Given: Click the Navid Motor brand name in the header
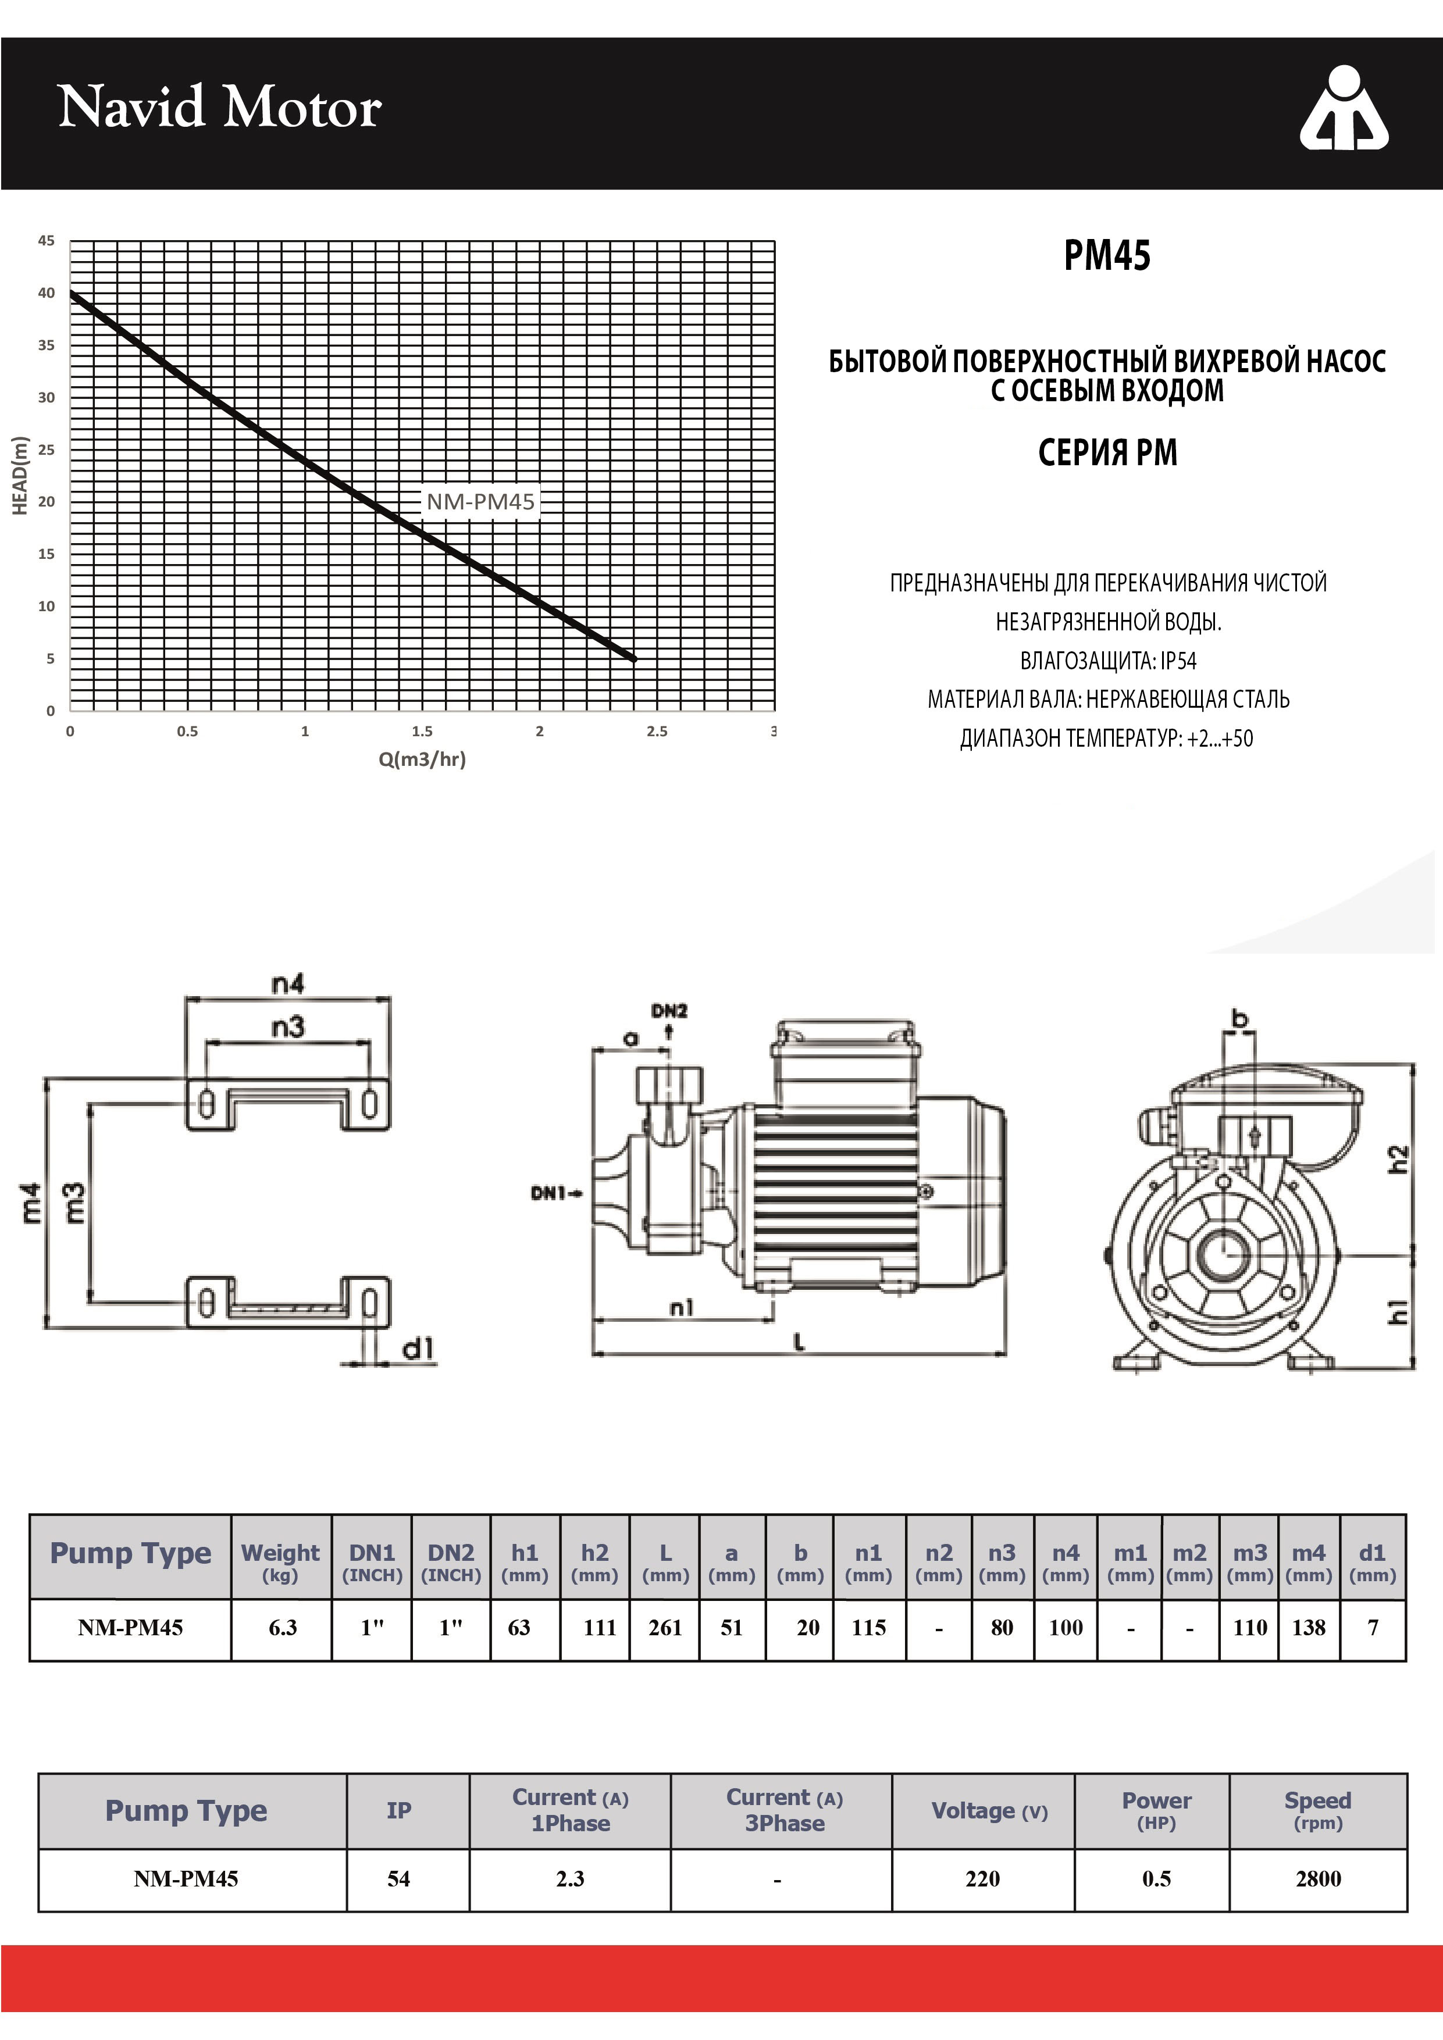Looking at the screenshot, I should [x=219, y=108].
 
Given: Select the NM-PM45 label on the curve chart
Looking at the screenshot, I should [x=480, y=502].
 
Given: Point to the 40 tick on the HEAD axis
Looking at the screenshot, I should [x=46, y=293].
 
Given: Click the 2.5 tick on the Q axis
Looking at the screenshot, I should [x=657, y=731].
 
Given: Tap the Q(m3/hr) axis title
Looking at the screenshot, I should [x=422, y=759].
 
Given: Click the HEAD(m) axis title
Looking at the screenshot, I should [x=20, y=475].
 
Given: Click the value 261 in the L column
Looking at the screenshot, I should [x=665, y=1627].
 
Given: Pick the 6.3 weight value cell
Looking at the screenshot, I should [x=283, y=1627].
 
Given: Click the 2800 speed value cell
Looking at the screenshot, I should [x=1318, y=1878].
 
